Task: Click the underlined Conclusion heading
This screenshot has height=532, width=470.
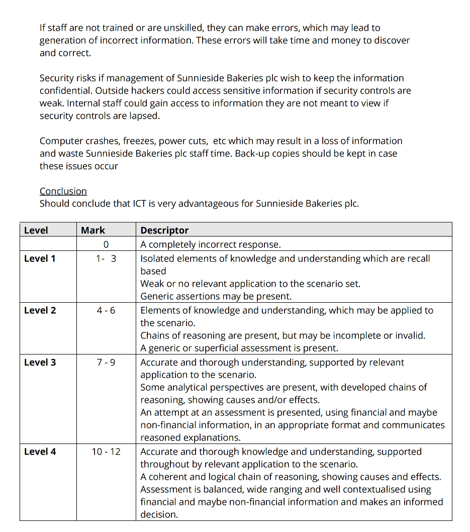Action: click(x=63, y=192)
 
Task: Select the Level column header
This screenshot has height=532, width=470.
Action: click(x=36, y=230)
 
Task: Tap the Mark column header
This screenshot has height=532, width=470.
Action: click(x=93, y=230)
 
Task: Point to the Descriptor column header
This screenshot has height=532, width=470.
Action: click(x=164, y=230)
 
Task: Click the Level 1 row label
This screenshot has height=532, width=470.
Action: click(x=40, y=258)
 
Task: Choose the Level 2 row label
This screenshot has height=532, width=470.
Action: click(x=40, y=310)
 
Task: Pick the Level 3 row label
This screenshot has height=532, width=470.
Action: click(x=40, y=362)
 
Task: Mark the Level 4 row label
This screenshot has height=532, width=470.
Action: click(x=40, y=452)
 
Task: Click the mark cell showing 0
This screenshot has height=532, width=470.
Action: click(x=106, y=244)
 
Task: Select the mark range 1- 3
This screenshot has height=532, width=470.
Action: click(x=106, y=258)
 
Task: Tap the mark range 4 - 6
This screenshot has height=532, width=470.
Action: click(x=106, y=310)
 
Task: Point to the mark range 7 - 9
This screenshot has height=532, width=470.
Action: click(x=106, y=362)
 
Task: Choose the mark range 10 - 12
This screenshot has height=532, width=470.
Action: click(x=106, y=452)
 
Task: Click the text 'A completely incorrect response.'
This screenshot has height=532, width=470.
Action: click(x=210, y=244)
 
